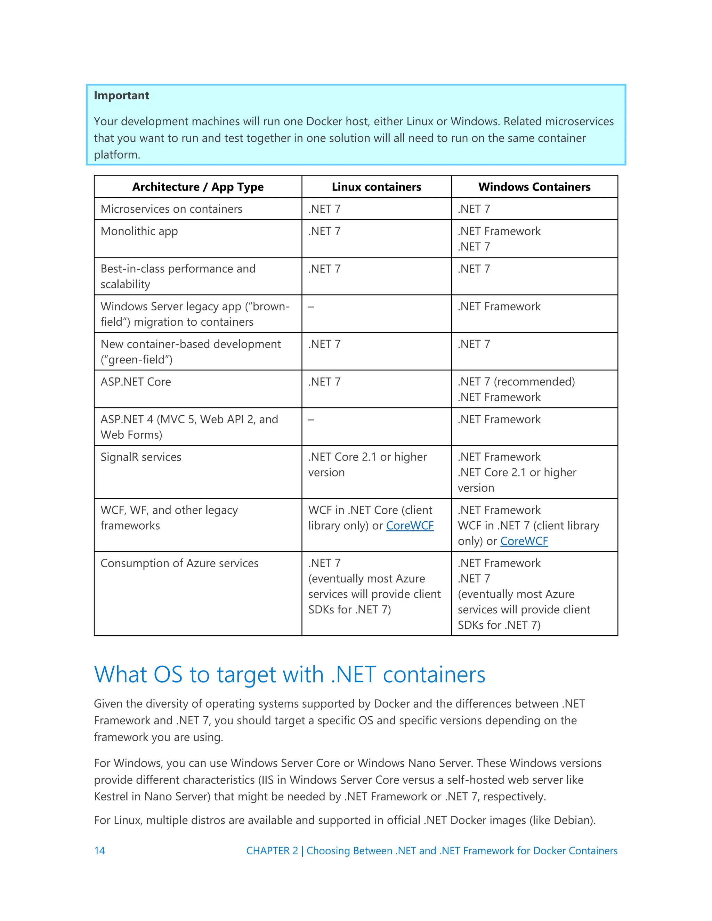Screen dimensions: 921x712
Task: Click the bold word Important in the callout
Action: click(121, 96)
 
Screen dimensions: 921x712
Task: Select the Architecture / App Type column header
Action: click(197, 187)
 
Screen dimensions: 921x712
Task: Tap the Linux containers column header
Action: click(376, 187)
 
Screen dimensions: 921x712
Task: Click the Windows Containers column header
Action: click(534, 187)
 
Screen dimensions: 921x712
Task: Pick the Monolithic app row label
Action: click(139, 231)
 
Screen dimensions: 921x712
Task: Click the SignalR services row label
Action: click(141, 457)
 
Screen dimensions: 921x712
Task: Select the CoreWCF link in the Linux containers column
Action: click(410, 526)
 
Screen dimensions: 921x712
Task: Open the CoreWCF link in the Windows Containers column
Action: click(524, 541)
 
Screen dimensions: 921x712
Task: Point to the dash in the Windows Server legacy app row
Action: click(311, 307)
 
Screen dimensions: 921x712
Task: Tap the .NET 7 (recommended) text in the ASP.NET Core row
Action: click(516, 382)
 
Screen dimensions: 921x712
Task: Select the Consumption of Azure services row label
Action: click(179, 563)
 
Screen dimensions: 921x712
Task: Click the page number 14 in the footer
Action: click(99, 850)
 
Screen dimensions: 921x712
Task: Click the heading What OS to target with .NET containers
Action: click(289, 674)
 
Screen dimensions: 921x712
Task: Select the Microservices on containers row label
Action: click(171, 209)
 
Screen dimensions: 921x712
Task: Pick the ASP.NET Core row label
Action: click(136, 382)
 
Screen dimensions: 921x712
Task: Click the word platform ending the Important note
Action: click(116, 155)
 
